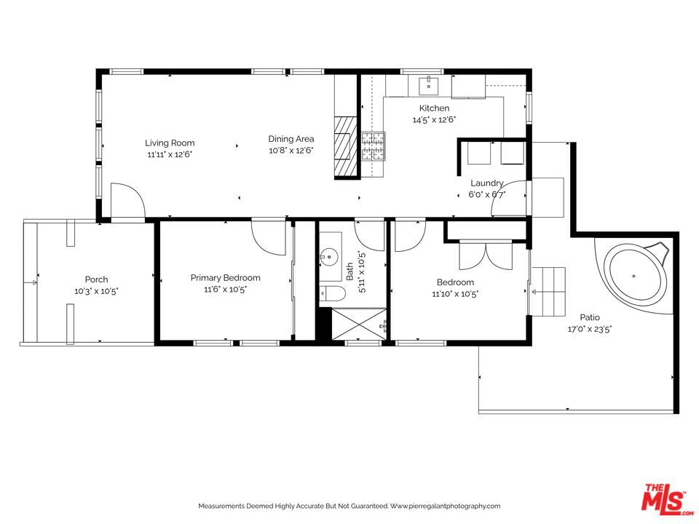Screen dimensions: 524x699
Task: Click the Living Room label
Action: click(170, 143)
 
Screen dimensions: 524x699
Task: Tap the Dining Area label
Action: click(291, 139)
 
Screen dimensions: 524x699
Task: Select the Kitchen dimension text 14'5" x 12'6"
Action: click(434, 119)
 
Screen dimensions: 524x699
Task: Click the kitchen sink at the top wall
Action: click(429, 86)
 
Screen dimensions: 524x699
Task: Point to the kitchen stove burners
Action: click(374, 146)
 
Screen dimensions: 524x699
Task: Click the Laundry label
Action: click(486, 183)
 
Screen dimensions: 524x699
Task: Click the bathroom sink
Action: click(331, 255)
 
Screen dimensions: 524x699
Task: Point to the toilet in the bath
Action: click(332, 294)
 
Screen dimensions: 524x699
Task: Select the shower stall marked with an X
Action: click(358, 322)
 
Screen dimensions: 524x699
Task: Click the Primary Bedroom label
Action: click(225, 277)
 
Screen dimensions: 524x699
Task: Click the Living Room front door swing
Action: click(127, 201)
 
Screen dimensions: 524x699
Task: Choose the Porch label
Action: click(96, 279)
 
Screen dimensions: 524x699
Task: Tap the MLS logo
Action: click(663, 499)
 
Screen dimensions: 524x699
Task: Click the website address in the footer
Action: click(445, 506)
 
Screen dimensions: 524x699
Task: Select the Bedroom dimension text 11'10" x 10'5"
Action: click(455, 294)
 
